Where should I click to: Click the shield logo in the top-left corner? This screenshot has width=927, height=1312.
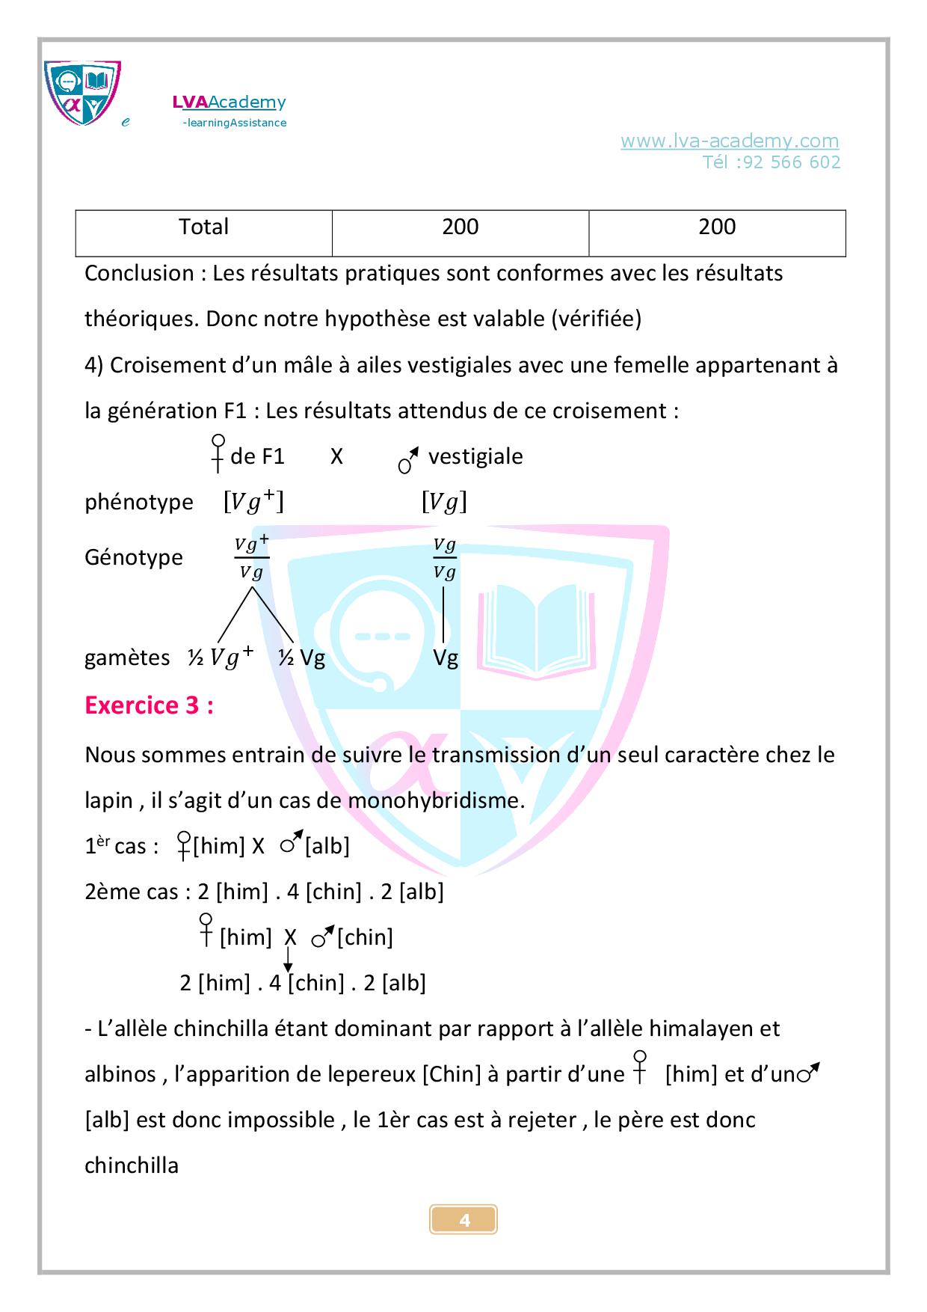(82, 93)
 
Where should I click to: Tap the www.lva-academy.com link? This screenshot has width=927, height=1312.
(729, 141)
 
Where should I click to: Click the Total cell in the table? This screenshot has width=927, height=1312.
(203, 227)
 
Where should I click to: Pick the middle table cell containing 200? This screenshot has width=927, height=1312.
(460, 227)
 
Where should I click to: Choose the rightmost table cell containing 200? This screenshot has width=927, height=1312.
(717, 227)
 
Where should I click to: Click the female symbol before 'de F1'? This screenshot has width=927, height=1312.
(218, 453)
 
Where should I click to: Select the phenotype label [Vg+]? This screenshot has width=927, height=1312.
(253, 502)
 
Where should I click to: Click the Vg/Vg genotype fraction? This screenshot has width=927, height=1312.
(445, 558)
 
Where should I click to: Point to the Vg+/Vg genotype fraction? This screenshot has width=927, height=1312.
(251, 558)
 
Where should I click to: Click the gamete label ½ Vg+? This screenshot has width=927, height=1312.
(221, 657)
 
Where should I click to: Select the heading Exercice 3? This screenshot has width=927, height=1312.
(149, 705)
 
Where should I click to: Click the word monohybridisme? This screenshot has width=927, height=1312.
(436, 801)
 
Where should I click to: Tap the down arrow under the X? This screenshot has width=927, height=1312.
(288, 960)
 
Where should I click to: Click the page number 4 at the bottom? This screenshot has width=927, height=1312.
(463, 1221)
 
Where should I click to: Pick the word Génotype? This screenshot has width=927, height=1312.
(134, 557)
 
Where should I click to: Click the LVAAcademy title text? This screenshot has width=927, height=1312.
(229, 102)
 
